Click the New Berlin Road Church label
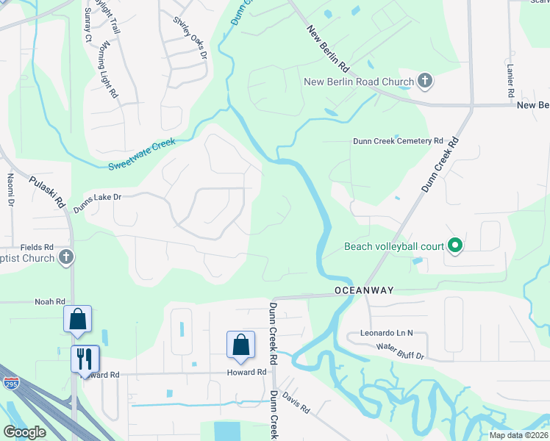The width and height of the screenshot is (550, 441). click(x=359, y=81)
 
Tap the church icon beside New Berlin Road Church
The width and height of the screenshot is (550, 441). click(x=424, y=81)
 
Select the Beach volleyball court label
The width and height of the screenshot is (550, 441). click(x=394, y=246)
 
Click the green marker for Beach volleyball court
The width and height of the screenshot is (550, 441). click(x=455, y=246)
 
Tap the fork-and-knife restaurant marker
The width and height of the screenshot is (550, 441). click(x=85, y=359)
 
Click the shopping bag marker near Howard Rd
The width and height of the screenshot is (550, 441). click(x=240, y=345)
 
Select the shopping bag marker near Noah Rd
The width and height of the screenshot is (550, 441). click(x=77, y=320)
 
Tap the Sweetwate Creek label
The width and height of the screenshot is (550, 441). click(x=142, y=154)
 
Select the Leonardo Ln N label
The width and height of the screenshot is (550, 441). click(x=387, y=333)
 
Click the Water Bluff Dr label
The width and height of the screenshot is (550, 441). click(x=401, y=351)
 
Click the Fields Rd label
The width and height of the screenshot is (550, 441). click(x=37, y=247)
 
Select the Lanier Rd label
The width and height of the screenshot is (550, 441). click(x=510, y=81)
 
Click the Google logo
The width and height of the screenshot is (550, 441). click(x=24, y=432)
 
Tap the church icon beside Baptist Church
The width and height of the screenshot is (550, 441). click(x=66, y=257)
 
